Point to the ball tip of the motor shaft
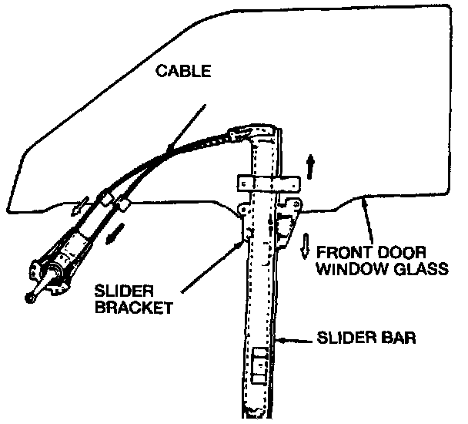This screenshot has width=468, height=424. (x=28, y=297)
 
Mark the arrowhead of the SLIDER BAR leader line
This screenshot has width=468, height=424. (x=282, y=338)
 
